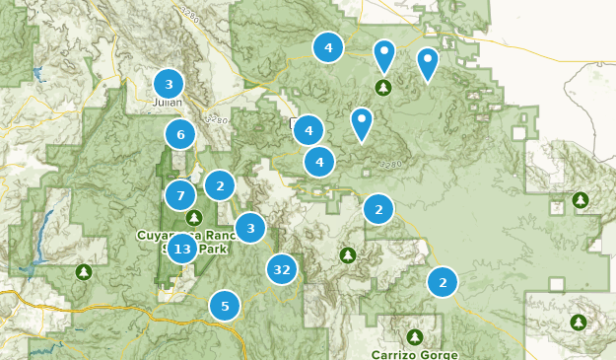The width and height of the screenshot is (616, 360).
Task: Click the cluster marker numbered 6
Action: pyautogui.click(x=179, y=134)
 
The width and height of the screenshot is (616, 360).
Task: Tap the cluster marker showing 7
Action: pyautogui.click(x=180, y=195)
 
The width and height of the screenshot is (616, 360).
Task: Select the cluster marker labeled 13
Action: pyautogui.click(x=181, y=250)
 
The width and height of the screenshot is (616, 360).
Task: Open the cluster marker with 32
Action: pyautogui.click(x=282, y=268)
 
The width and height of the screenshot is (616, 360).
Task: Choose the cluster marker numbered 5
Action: pyautogui.click(x=225, y=307)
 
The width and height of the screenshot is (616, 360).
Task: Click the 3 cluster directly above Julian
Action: pyautogui.click(x=169, y=84)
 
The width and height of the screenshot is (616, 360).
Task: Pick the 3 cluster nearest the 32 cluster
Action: pyautogui.click(x=250, y=229)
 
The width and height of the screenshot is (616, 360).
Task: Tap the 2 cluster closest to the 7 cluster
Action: pyautogui.click(x=220, y=184)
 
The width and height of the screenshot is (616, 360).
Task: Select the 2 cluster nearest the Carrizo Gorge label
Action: pyautogui.click(x=443, y=283)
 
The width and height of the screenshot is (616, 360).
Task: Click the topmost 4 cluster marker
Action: pyautogui.click(x=328, y=46)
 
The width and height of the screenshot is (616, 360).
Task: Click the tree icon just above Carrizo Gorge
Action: pyautogui.click(x=415, y=336)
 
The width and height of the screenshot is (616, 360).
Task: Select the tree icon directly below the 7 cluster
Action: pyautogui.click(x=194, y=218)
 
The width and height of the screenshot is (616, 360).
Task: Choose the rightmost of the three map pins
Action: pyautogui.click(x=427, y=63)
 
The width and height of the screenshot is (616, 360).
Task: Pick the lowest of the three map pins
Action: pyautogui.click(x=363, y=122)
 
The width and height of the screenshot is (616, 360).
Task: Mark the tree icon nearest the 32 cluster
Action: pyautogui.click(x=347, y=255)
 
